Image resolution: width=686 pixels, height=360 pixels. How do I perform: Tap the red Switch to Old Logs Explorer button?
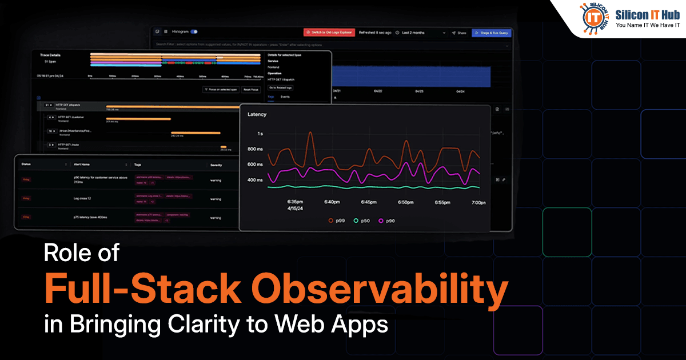click(x=329, y=33)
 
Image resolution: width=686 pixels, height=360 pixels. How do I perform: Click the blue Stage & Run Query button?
click(x=491, y=33)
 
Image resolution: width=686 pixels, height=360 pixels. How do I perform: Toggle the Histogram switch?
click(x=194, y=32)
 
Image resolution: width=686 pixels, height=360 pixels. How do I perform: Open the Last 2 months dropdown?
click(x=421, y=33)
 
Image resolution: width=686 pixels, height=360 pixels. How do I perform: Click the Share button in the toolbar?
click(x=459, y=33)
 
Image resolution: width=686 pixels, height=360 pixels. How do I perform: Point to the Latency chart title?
click(x=257, y=114)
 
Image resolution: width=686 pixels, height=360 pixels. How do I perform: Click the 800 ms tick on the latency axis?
click(x=255, y=149)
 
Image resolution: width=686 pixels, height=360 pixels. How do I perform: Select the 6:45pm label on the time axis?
click(x=369, y=202)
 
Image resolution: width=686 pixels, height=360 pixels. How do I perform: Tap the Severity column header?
click(x=216, y=165)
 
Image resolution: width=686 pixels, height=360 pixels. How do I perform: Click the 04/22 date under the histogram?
click(x=378, y=91)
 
